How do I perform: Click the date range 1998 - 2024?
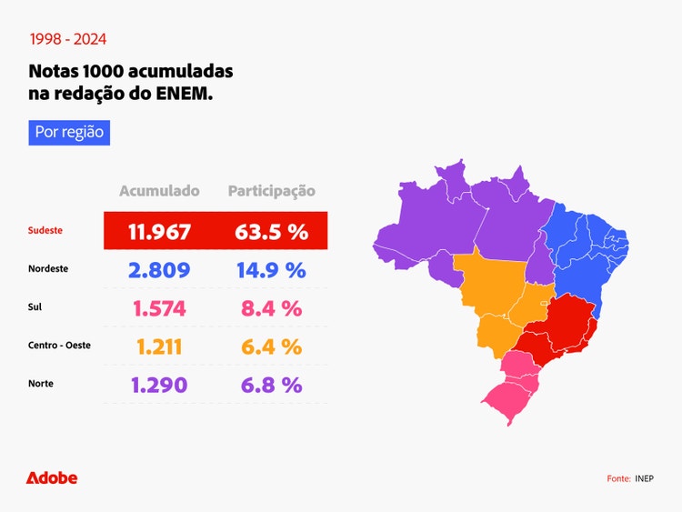pyautogui.click(x=67, y=39)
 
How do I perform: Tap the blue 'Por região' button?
pyautogui.click(x=69, y=132)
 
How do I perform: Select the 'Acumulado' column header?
pyautogui.click(x=159, y=191)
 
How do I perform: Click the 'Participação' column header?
pyautogui.click(x=271, y=191)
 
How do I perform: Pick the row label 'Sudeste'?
pyautogui.click(x=45, y=231)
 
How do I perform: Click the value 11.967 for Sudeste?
pyautogui.click(x=159, y=231)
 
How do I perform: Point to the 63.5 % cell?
pyautogui.click(x=271, y=231)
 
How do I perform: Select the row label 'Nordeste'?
pyautogui.click(x=48, y=269)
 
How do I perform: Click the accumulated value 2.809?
pyautogui.click(x=159, y=270)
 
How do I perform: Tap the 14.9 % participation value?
pyautogui.click(x=271, y=270)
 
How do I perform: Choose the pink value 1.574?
pyautogui.click(x=159, y=308)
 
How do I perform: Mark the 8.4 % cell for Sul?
pyautogui.click(x=271, y=308)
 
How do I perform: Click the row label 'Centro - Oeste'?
pyautogui.click(x=59, y=346)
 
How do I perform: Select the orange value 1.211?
pyautogui.click(x=159, y=346)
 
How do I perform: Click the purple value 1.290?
pyautogui.click(x=159, y=385)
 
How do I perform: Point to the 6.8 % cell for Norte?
pyautogui.click(x=271, y=385)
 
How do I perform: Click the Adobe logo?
pyautogui.click(x=52, y=477)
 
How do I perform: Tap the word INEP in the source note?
pyautogui.click(x=644, y=478)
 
